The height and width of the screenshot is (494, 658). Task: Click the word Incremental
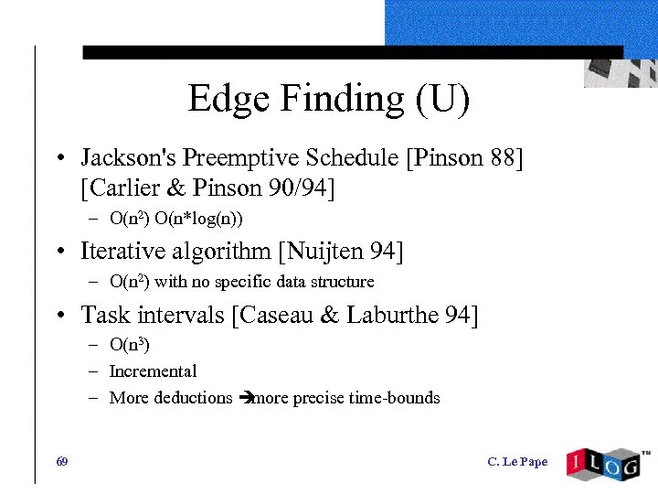153,371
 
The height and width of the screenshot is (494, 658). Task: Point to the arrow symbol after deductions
243,398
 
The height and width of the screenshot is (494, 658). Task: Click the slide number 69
61,461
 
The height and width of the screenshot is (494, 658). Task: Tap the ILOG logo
605,461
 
